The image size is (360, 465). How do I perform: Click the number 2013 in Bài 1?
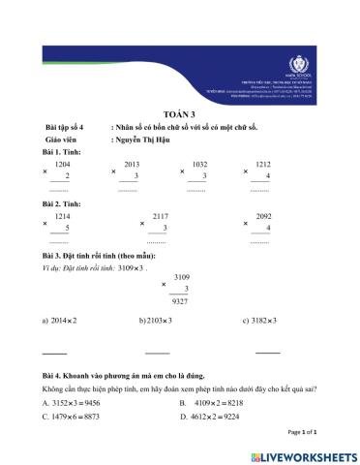(x=133, y=166)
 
